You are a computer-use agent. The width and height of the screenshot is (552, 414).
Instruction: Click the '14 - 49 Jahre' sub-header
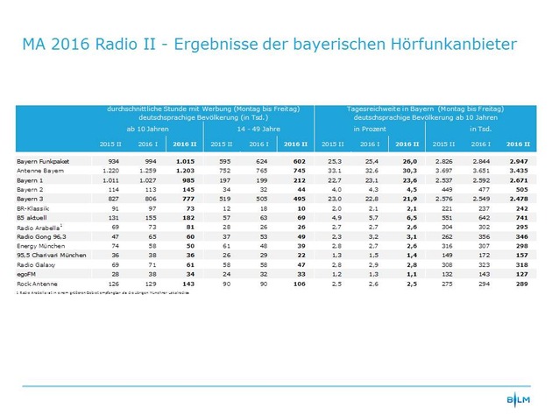[259, 129]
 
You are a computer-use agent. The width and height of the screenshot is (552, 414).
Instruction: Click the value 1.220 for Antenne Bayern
[110, 171]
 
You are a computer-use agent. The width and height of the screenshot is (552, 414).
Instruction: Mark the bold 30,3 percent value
[408, 171]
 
